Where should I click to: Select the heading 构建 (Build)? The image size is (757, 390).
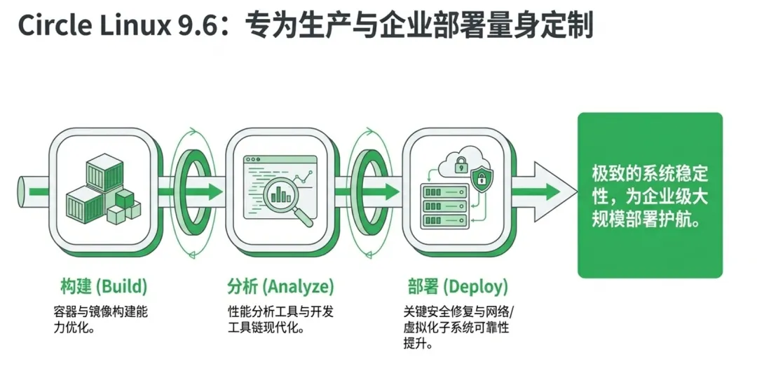click(104, 286)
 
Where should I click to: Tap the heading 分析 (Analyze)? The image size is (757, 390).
click(280, 286)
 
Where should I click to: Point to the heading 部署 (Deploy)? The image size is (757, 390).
click(458, 286)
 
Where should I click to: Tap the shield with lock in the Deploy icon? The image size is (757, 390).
click(482, 178)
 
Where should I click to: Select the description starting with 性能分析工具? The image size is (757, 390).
click(280, 318)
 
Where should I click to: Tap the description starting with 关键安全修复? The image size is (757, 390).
click(462, 328)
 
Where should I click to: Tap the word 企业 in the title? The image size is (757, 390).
click(413, 26)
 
